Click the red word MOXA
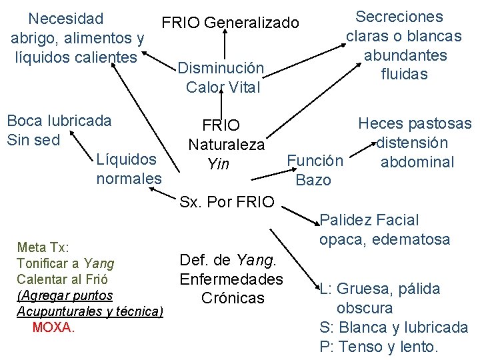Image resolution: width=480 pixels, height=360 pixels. [x=53, y=327]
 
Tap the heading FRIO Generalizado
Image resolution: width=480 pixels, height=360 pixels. [x=230, y=23]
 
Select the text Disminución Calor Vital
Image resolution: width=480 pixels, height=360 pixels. [x=222, y=77]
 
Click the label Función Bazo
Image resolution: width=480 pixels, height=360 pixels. [x=314, y=170]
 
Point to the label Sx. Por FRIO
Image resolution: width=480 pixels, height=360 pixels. [x=227, y=201]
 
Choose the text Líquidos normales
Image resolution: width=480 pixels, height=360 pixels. [x=129, y=169]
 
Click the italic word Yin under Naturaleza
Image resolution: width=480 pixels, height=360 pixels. [x=218, y=163]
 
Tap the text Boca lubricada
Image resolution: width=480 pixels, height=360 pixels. [x=59, y=121]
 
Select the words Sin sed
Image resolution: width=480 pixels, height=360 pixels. [x=33, y=139]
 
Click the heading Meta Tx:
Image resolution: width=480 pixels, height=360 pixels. [x=41, y=248]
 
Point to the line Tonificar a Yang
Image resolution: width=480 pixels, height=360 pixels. [x=65, y=263]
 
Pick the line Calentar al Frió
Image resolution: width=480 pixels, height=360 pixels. [x=61, y=279]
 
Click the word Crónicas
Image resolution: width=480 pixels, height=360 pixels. [x=233, y=298]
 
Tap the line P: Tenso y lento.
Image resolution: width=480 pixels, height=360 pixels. [x=379, y=347]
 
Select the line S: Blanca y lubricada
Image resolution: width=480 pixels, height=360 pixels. [x=394, y=328]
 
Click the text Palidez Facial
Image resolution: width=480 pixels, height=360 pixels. [x=369, y=220]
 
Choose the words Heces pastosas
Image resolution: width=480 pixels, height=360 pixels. [x=415, y=123]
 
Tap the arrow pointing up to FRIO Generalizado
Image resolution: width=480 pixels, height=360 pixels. [x=226, y=47]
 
